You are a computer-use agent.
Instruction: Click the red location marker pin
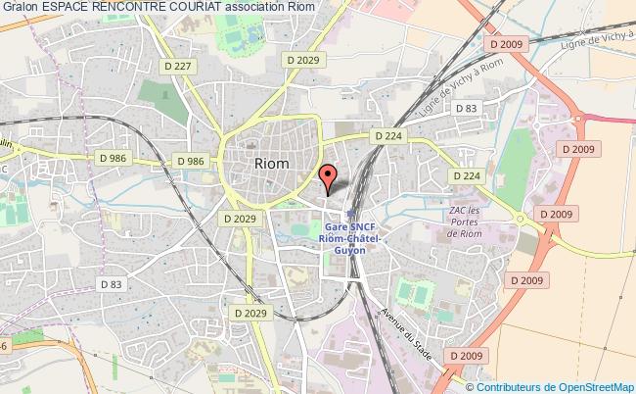pyautogui.click(x=329, y=177)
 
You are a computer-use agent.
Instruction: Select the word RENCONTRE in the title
pyautogui.click(x=141, y=8)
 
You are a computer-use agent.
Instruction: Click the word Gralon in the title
pyautogui.click(x=20, y=8)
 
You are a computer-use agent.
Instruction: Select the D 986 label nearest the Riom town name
pyautogui.click(x=191, y=161)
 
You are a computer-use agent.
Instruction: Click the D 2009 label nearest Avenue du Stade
pyautogui.click(x=464, y=355)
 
